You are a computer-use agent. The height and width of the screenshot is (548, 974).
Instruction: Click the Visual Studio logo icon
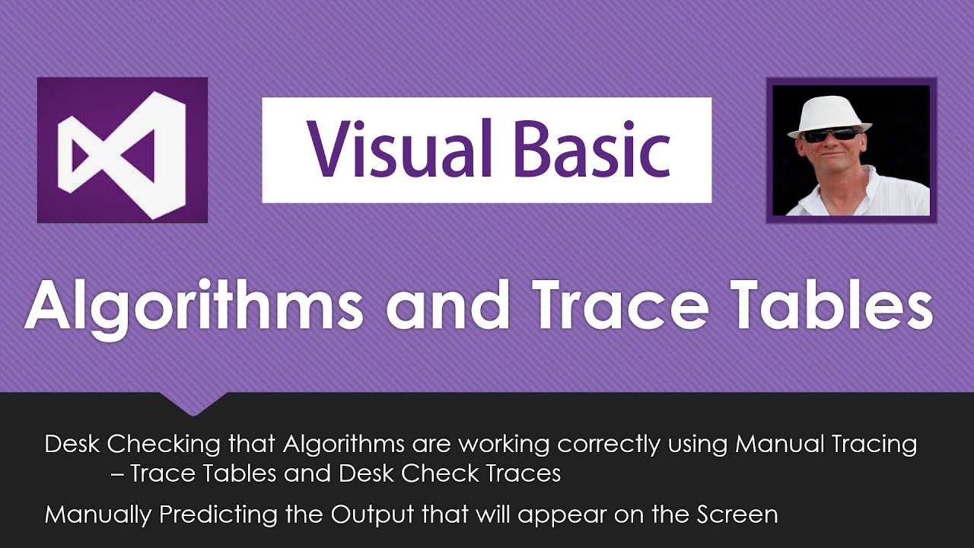click(122, 150)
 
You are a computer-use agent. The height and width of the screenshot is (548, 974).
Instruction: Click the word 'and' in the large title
click(446, 304)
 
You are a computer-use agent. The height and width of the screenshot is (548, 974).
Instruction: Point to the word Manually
click(98, 515)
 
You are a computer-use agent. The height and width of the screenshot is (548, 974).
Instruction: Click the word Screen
click(736, 515)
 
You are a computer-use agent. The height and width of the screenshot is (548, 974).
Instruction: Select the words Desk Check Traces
click(450, 473)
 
